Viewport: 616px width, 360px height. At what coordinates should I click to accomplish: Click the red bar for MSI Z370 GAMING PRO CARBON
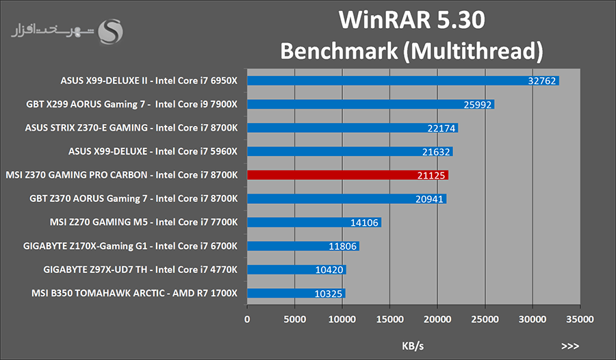[x=347, y=175]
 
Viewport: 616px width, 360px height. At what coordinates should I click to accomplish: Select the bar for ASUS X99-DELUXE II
[x=402, y=81]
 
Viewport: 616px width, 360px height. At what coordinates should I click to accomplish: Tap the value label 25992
[x=476, y=105]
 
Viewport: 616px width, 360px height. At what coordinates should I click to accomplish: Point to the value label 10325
[x=327, y=294]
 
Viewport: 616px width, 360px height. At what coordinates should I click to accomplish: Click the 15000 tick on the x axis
[x=389, y=319]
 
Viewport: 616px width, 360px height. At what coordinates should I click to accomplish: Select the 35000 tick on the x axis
[x=580, y=319]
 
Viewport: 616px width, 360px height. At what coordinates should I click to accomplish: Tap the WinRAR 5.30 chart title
[x=412, y=20]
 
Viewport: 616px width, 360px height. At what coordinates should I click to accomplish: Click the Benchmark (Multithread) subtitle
[x=412, y=51]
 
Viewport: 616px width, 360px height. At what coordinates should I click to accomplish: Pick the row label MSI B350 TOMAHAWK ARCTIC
[x=134, y=293]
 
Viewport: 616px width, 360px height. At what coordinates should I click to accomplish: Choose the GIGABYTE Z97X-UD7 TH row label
[x=140, y=270]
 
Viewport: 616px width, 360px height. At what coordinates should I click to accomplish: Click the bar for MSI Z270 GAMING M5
[x=313, y=222]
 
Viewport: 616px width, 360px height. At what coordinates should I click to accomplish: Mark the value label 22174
[x=440, y=128]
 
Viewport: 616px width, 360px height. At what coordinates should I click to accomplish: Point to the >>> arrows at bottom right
[x=569, y=346]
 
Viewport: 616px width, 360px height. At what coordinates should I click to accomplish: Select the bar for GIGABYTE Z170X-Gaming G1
[x=303, y=246]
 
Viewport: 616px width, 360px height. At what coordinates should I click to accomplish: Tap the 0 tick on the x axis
[x=247, y=319]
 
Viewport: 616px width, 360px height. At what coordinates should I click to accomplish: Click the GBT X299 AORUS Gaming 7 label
[x=131, y=104]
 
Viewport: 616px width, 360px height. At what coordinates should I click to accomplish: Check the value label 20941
[x=428, y=199]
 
